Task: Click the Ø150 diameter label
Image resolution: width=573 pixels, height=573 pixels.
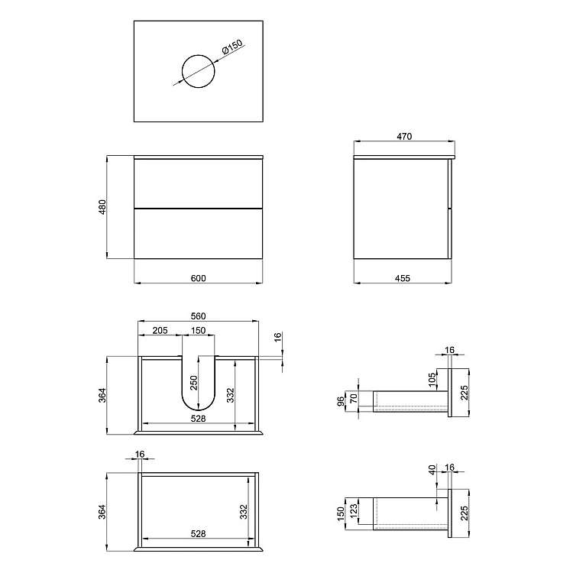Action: [x=232, y=47]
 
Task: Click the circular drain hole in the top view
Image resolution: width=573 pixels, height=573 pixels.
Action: [x=199, y=55]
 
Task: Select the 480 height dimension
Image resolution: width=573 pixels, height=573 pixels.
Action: [x=102, y=207]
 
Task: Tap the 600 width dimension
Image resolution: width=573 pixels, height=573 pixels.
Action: [x=198, y=278]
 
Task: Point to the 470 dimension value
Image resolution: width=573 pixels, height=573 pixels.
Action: [x=404, y=136]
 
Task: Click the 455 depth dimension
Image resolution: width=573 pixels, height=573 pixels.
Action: [x=403, y=278]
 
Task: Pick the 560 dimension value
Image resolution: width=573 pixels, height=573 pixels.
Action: [x=198, y=316]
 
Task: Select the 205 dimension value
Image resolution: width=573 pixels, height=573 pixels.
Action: [x=160, y=330]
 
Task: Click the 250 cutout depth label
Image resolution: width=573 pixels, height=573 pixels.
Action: [x=194, y=383]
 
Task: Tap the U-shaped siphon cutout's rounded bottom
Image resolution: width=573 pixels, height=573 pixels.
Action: [x=199, y=410]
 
